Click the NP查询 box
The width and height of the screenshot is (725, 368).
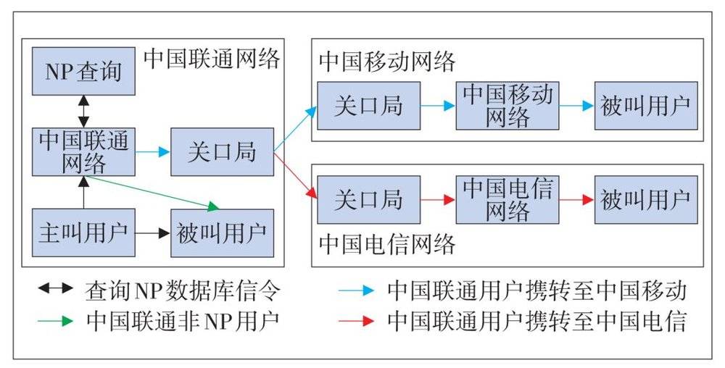pos(83,71)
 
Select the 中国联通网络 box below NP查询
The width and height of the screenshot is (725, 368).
pos(83,152)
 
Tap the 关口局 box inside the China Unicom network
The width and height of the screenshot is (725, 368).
pos(223,152)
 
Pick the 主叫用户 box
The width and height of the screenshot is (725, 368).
pos(83,233)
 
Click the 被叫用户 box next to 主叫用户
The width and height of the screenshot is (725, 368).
pos(223,233)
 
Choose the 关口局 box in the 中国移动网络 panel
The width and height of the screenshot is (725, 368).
pos(368,106)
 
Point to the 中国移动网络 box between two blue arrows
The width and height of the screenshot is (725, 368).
pos(507,106)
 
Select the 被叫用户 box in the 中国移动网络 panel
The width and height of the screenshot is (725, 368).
pos(646,106)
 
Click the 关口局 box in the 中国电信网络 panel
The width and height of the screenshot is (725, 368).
pos(368,199)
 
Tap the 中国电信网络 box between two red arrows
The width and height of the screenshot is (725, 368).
pos(507,199)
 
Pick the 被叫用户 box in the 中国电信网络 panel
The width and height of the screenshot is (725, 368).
pos(646,199)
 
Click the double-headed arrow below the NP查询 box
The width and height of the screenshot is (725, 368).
pos(83,112)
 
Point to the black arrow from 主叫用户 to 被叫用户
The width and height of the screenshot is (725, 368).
pos(152,233)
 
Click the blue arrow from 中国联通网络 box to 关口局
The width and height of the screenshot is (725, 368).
pos(152,152)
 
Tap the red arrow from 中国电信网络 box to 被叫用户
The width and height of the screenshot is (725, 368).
pos(576,199)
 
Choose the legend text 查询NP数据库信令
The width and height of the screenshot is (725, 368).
pos(183,290)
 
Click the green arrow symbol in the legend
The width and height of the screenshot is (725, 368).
pos(56,320)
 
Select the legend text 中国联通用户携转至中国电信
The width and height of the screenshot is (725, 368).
pos(536,320)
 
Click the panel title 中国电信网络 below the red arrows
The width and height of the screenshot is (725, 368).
pos(387,244)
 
